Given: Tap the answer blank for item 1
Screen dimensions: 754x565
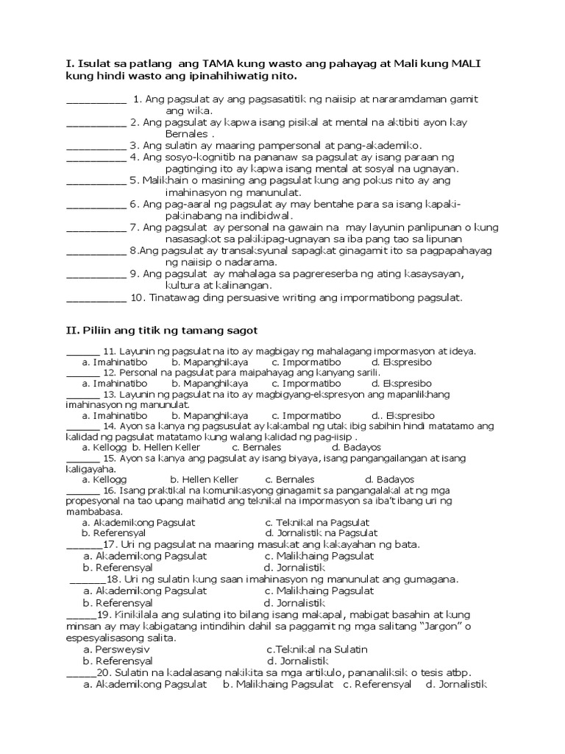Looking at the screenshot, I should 96,100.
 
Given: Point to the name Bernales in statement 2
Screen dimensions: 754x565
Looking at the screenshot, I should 188,134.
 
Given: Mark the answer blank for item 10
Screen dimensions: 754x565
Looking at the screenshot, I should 96,299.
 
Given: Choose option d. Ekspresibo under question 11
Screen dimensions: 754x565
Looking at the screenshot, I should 401,362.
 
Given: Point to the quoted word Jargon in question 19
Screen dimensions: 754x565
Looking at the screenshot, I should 436,626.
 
